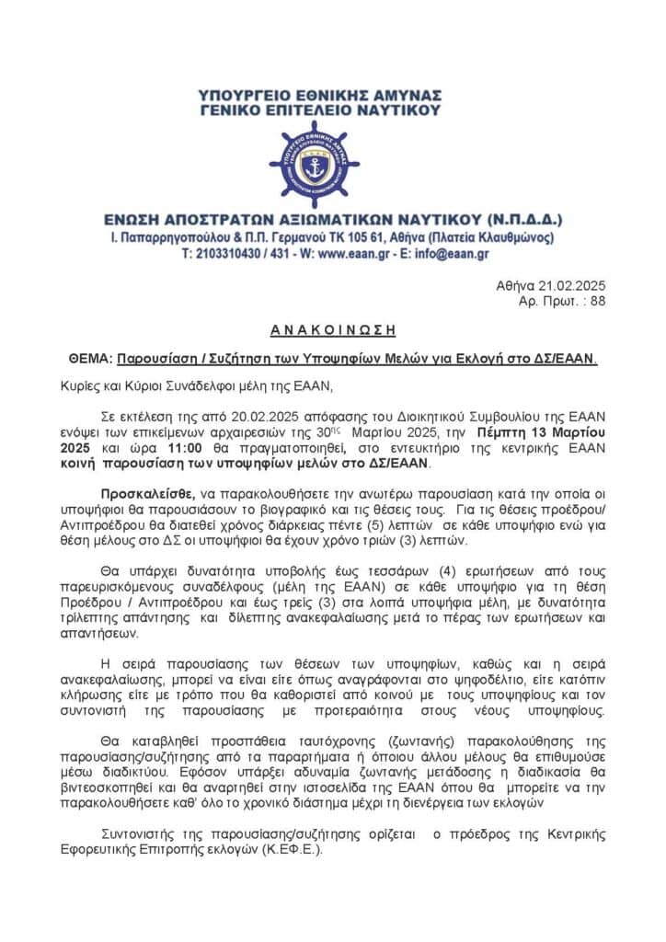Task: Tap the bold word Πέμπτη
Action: tap(499, 432)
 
